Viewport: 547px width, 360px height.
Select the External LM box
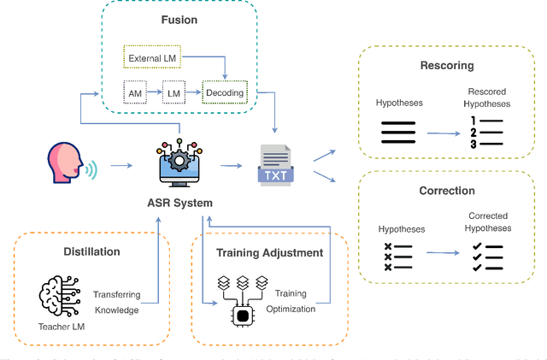pos(150,59)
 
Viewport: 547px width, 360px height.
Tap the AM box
pos(133,91)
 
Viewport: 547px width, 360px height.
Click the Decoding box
pos(223,91)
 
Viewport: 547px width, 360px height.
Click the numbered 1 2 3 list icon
pos(484,133)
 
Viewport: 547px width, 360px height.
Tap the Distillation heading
pos(91,251)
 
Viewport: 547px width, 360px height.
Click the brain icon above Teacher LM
pos(56,293)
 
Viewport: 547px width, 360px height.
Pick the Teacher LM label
pos(56,326)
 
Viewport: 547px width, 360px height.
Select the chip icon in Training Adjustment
pos(242,316)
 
